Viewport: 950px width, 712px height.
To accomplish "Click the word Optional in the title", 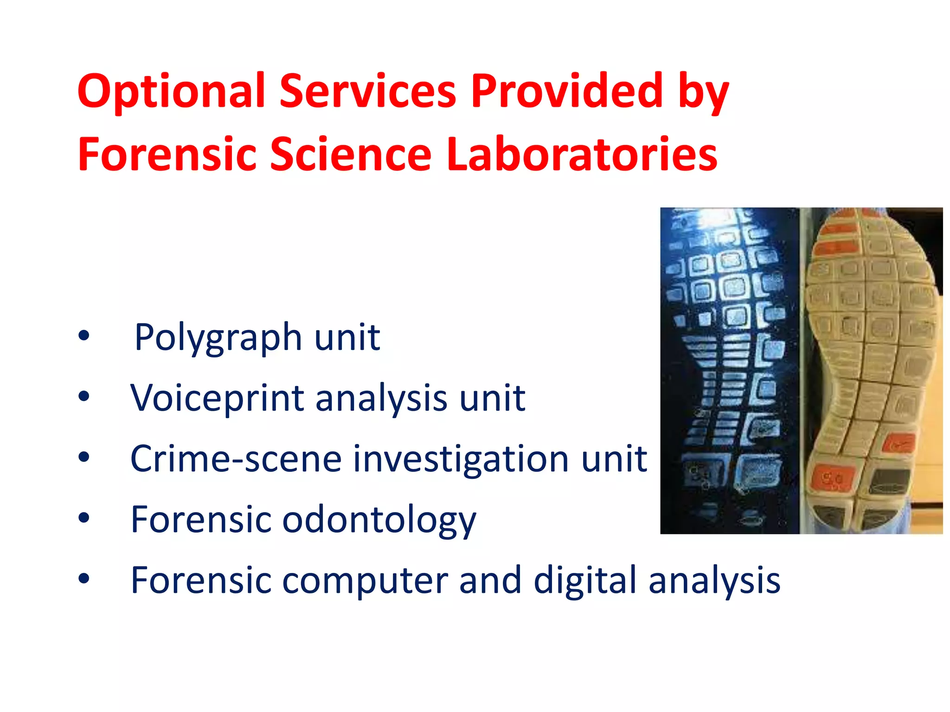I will [171, 91].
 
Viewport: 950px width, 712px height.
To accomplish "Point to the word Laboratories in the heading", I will [582, 154].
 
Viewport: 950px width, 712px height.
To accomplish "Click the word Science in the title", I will [351, 154].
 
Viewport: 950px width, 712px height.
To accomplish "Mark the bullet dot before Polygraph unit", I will [84, 336].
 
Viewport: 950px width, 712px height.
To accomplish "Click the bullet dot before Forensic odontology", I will [84, 518].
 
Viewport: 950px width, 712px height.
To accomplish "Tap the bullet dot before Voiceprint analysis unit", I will [84, 396].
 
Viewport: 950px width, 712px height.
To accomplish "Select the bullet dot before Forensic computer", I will [84, 578].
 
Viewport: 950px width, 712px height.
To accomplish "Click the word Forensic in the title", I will [167, 154].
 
